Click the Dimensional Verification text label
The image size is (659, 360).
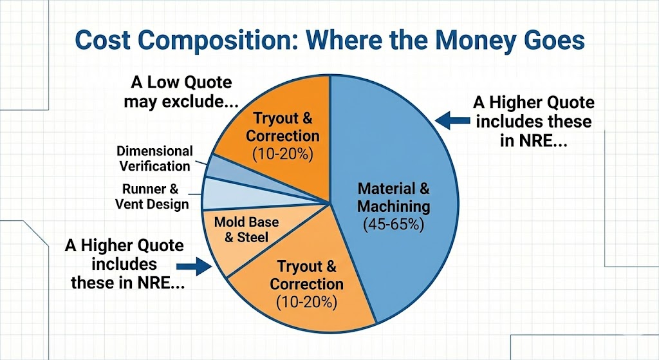pyautogui.click(x=154, y=158)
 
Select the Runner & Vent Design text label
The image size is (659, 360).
pyautogui.click(x=152, y=197)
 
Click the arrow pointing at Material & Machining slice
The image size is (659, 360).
pyautogui.click(x=447, y=118)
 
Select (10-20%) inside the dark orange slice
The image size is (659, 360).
pyautogui.click(x=283, y=155)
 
